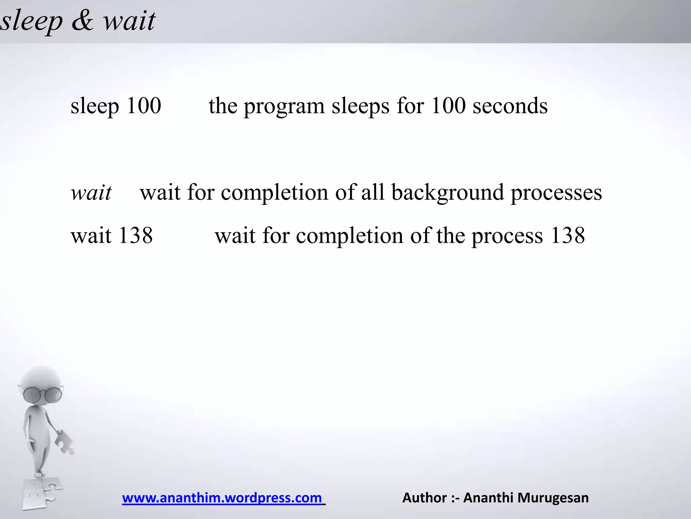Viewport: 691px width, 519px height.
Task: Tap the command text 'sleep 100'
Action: [116, 106]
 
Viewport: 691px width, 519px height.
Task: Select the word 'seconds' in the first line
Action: [510, 106]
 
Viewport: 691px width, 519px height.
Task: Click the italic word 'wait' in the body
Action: [91, 193]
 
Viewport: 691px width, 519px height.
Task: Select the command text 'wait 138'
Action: [112, 236]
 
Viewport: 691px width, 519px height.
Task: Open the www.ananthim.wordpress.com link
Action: [222, 498]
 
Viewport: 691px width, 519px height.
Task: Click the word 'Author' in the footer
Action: [424, 498]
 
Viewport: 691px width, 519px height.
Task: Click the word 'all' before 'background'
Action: [373, 193]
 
